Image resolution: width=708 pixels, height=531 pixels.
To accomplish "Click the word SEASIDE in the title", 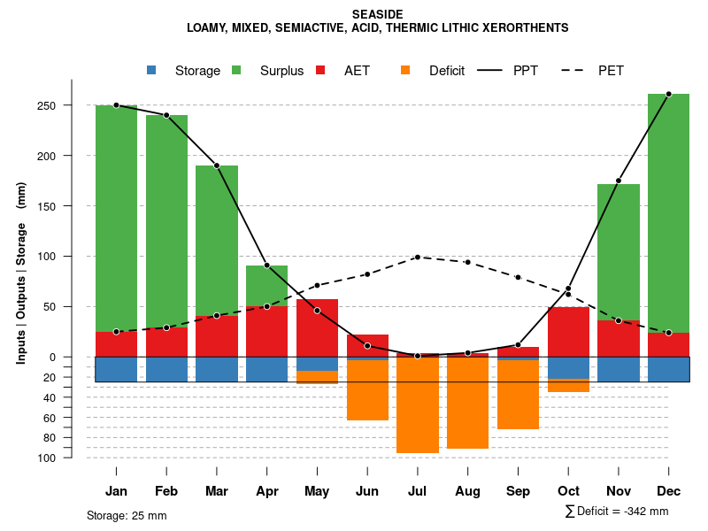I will point(377,14).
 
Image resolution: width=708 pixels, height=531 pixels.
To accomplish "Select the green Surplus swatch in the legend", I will point(236,70).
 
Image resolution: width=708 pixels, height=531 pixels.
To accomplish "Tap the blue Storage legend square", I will point(151,70).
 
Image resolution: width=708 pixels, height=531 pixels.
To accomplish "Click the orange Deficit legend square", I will point(405,70).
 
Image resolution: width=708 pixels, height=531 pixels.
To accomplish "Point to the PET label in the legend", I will point(611,71).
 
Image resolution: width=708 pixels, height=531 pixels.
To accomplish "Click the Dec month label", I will point(668,491).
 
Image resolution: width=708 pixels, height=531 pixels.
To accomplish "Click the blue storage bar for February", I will point(166,369).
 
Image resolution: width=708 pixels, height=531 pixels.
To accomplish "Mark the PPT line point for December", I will point(668,94).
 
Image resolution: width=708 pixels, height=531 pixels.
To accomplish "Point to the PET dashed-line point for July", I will point(418,258).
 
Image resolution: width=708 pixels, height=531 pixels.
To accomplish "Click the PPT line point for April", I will point(266,265).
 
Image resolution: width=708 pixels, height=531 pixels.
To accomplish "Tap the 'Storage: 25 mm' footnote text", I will point(127,515).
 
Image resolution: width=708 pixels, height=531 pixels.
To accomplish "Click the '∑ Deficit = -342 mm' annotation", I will point(617,512).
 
